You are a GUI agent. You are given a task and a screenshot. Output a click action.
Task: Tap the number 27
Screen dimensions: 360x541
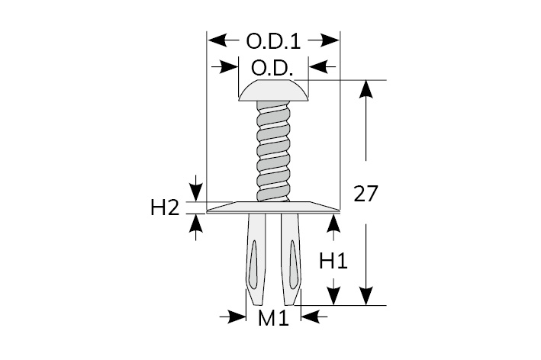[x=365, y=194]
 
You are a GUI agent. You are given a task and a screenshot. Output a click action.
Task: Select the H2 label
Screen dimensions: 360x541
[x=165, y=207]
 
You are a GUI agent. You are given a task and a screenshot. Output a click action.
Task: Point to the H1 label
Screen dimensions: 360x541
[x=333, y=261]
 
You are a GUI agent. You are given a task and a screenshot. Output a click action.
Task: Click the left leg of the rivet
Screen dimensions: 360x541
[x=256, y=259]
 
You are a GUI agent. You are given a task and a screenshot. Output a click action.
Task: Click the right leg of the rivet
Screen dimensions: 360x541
[x=291, y=259]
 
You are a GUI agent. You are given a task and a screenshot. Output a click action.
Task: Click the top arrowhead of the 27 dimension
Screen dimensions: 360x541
[x=366, y=88]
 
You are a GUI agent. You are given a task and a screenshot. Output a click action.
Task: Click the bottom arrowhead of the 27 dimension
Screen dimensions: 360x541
[x=366, y=297]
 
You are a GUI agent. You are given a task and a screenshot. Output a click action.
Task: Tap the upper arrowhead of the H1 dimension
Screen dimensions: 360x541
[x=333, y=222]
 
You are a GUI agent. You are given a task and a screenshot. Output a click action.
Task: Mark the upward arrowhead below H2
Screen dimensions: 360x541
[x=198, y=223]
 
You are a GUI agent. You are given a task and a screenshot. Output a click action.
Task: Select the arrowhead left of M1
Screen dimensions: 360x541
[x=237, y=315]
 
